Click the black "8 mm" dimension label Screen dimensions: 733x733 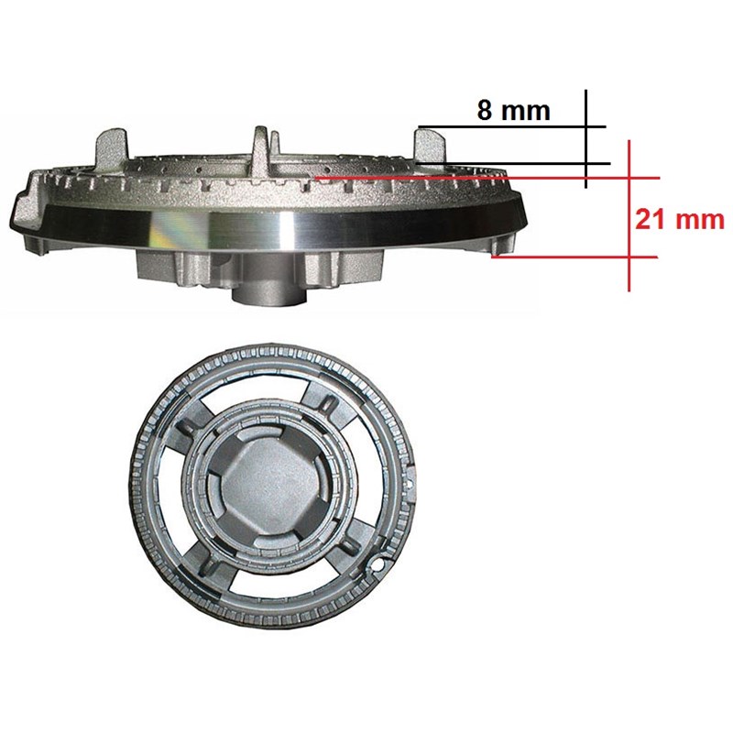(x=513, y=111)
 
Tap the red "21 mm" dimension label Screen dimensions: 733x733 (x=680, y=219)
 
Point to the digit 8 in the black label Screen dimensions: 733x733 (x=485, y=111)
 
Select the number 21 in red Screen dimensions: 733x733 (x=651, y=219)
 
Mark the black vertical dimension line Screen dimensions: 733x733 (x=586, y=139)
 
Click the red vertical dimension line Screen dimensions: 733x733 (x=629, y=215)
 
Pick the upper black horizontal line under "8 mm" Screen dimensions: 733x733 (x=512, y=126)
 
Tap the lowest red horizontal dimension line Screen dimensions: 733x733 (x=575, y=257)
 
